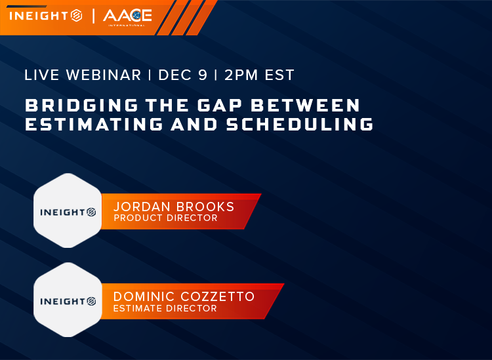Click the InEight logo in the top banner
(45, 14)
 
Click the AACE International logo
(127, 15)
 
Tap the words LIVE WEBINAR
(83, 75)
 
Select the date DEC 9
(183, 75)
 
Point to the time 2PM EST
(259, 75)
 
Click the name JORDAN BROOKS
(174, 207)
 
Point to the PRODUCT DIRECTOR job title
(165, 218)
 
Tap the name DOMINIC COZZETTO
(184, 296)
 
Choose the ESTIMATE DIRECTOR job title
(165, 308)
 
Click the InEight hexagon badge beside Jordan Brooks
(68, 211)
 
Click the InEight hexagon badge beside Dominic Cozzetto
(68, 301)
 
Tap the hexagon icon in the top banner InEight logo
(76, 14)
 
